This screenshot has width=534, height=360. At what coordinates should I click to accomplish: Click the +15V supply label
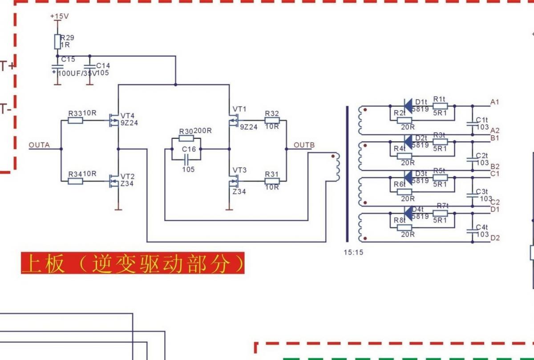(59, 16)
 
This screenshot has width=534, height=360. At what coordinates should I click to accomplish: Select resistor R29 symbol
(57, 41)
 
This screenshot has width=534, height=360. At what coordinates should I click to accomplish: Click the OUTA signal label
(39, 145)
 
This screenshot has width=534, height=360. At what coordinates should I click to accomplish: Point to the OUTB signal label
(304, 145)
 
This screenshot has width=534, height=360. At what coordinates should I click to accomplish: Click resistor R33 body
(75, 120)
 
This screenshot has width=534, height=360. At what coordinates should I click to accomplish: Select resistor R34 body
(75, 181)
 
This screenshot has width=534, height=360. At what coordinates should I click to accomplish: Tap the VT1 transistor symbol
(233, 120)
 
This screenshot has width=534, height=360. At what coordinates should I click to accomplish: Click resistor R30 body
(186, 138)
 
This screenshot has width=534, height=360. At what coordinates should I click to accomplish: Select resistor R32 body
(272, 120)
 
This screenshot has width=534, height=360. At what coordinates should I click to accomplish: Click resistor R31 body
(272, 181)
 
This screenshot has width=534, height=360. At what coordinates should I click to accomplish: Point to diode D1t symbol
(407, 106)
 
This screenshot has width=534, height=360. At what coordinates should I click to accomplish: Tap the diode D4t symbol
(407, 213)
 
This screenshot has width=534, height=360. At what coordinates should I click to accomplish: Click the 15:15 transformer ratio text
(353, 252)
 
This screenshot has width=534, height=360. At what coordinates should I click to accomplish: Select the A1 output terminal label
(494, 102)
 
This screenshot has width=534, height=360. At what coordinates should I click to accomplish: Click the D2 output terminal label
(495, 238)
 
